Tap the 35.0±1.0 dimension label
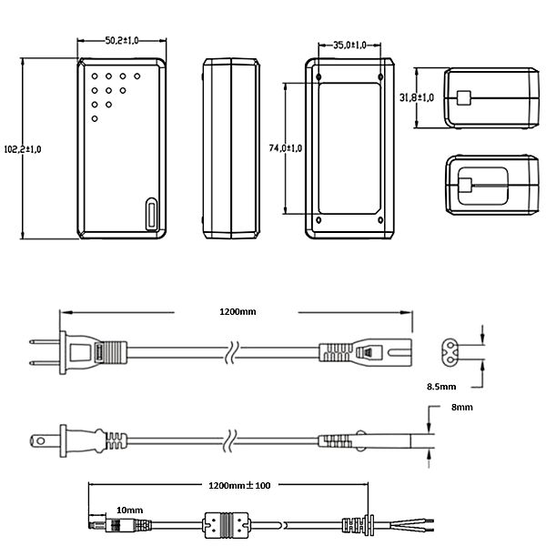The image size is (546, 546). (349, 45)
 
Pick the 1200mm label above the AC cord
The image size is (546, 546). (238, 312)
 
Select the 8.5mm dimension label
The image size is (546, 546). (442, 386)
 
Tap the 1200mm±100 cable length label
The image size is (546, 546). (240, 484)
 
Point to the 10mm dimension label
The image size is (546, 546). (130, 511)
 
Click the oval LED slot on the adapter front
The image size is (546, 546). (150, 217)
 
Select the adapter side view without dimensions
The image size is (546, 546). (231, 148)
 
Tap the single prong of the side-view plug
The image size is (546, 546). (44, 440)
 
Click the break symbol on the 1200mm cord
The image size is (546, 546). (234, 349)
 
